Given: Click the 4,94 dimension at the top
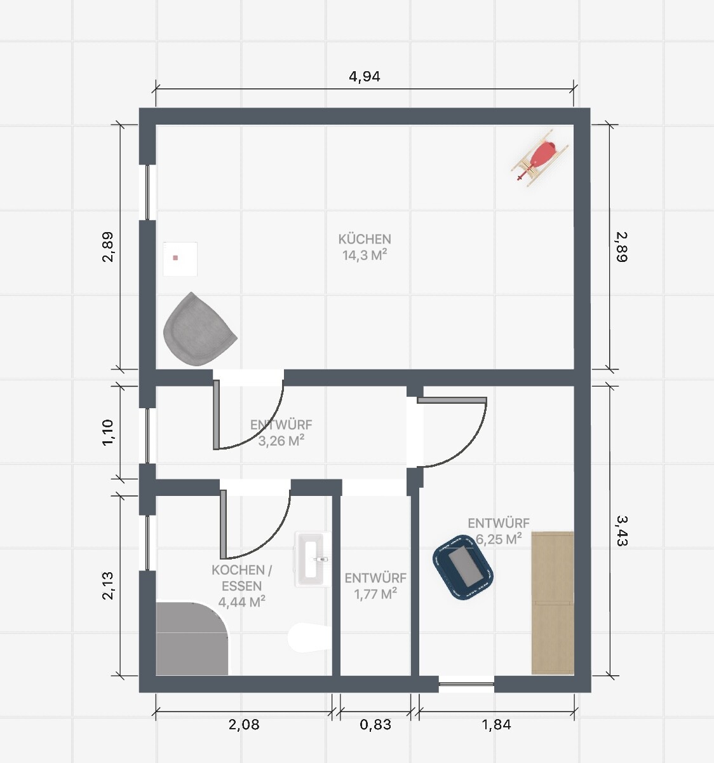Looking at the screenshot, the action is [364, 76].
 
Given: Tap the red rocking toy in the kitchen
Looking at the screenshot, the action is [540, 158].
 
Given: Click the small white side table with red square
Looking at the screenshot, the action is [180, 259].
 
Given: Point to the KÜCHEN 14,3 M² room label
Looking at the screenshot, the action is [365, 247].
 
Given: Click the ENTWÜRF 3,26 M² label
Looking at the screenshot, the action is [281, 432].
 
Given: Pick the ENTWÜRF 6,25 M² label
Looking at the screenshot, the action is [499, 531].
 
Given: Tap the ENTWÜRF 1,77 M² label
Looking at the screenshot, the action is [375, 586].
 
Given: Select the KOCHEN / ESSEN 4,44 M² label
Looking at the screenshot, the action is [242, 586].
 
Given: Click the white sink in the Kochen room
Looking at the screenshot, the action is [313, 559].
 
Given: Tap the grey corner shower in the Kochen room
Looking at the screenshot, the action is [192, 638].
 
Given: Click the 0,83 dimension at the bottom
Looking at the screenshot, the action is [375, 725].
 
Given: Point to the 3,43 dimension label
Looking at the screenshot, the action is [621, 530].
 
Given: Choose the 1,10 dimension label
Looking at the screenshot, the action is [108, 432].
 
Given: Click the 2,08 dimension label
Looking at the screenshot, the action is [244, 725].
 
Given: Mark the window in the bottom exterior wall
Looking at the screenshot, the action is [466, 684].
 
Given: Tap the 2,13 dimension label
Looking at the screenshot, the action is [108, 586].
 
